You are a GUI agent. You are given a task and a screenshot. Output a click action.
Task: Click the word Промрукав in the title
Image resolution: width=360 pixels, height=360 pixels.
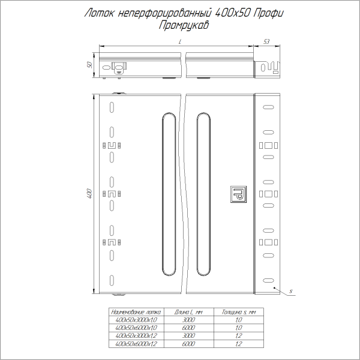180,25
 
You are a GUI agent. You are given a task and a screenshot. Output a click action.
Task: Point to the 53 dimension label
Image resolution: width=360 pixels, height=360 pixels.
266,41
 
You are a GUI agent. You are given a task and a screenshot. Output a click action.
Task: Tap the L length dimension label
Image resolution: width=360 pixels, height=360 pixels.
179,41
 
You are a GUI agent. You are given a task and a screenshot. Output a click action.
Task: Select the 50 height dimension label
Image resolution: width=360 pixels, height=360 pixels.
89,65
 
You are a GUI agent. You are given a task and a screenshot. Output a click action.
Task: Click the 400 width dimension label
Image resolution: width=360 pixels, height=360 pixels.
89,194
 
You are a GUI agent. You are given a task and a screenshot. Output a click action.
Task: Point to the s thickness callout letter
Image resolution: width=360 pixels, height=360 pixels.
290,291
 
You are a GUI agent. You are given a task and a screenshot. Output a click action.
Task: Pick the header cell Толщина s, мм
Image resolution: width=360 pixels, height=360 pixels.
238,313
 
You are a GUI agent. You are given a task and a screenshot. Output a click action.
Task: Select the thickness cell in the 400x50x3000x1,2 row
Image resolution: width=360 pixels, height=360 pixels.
238,336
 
